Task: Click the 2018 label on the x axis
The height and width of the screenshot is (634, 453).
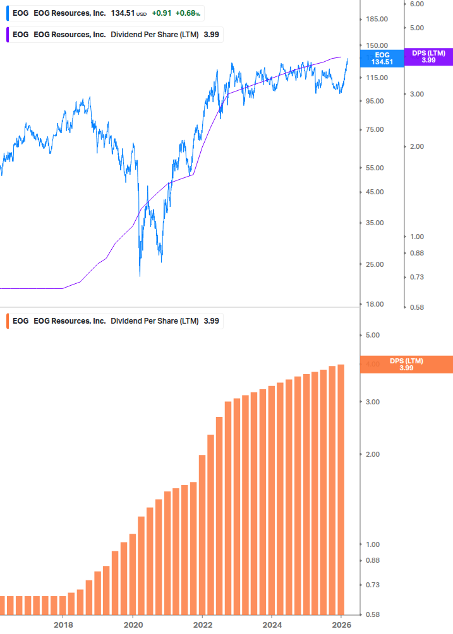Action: (x=63, y=625)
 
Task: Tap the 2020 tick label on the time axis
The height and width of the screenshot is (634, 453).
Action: (x=133, y=625)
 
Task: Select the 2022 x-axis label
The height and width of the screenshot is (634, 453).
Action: (x=202, y=625)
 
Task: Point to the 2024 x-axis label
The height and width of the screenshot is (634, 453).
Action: (x=272, y=625)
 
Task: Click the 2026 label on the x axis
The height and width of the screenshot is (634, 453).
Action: (x=341, y=625)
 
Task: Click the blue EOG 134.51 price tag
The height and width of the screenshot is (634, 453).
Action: (x=382, y=58)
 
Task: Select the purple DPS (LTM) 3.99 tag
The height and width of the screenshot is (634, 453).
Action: (x=428, y=57)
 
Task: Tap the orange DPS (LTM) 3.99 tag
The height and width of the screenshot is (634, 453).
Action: (x=406, y=364)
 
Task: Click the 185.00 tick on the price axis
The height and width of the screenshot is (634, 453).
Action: (x=377, y=20)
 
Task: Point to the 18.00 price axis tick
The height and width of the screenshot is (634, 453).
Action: (x=375, y=304)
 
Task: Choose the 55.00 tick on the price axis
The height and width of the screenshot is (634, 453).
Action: (x=375, y=168)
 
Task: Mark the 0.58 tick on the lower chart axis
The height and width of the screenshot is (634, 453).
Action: (x=373, y=614)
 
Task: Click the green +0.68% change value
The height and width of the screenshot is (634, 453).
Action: (x=188, y=13)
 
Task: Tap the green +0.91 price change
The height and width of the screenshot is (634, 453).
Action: (x=162, y=13)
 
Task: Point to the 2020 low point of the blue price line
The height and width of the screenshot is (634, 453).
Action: (x=140, y=276)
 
